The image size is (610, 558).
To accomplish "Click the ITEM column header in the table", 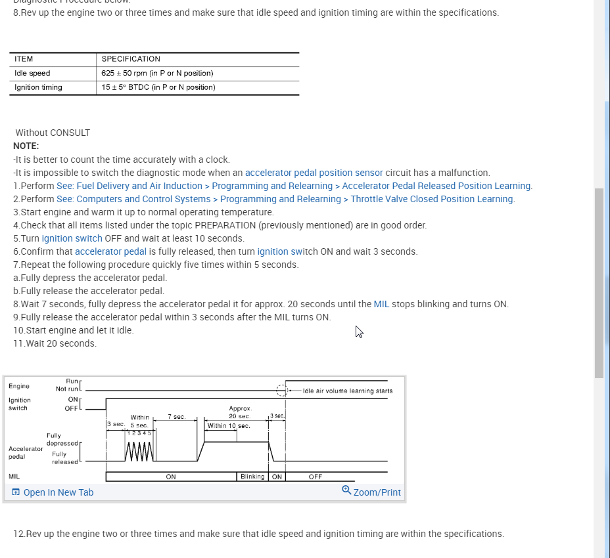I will coord(24,59).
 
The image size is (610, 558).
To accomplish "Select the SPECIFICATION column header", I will coord(131,59).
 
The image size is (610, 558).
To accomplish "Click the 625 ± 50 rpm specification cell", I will coord(157,74).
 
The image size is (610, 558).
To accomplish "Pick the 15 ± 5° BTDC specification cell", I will coord(158,87).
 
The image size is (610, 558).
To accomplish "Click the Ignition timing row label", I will coord(38,87).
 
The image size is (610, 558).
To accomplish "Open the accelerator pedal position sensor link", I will coord(314,173).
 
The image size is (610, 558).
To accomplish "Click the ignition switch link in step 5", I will coord(72,238).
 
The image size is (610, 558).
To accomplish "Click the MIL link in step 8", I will coord(381,304).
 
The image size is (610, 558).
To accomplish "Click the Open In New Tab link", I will coord(53,492).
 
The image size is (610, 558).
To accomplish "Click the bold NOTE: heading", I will coord(26,146).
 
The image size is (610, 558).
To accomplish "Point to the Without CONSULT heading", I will coord(53,133).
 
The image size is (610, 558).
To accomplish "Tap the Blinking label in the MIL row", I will coord(252,477).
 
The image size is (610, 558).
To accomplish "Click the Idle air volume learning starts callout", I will coord(348,391).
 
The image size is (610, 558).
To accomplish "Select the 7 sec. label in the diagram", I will coord(176,417).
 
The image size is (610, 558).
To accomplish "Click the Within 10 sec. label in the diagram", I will coord(229,426).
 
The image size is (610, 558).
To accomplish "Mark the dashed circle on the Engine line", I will coord(282,391).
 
